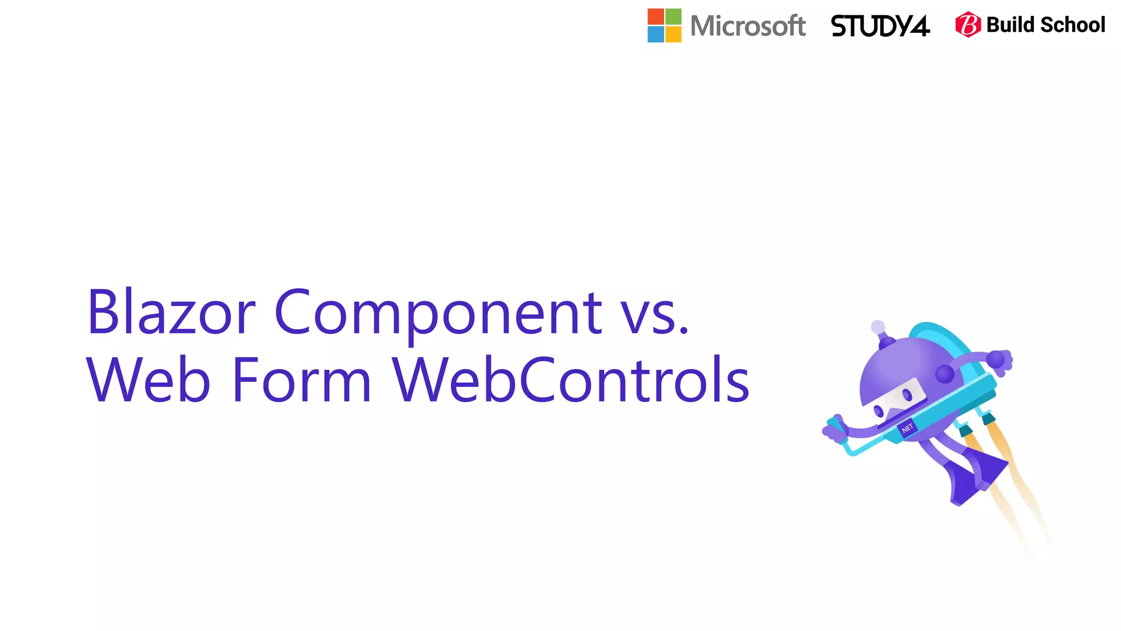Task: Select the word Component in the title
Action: (438, 313)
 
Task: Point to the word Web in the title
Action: (148, 380)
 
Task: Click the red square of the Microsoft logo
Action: (656, 16)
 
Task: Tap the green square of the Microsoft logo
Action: (674, 16)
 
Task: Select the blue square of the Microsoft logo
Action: (656, 34)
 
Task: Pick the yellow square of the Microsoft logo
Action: (674, 34)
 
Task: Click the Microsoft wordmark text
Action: (748, 26)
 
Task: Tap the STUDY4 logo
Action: (880, 26)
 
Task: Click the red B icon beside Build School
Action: (968, 25)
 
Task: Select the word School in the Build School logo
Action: (1072, 25)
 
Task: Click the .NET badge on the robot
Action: (907, 428)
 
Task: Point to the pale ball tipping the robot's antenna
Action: (878, 328)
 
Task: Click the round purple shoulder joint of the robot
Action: (945, 374)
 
